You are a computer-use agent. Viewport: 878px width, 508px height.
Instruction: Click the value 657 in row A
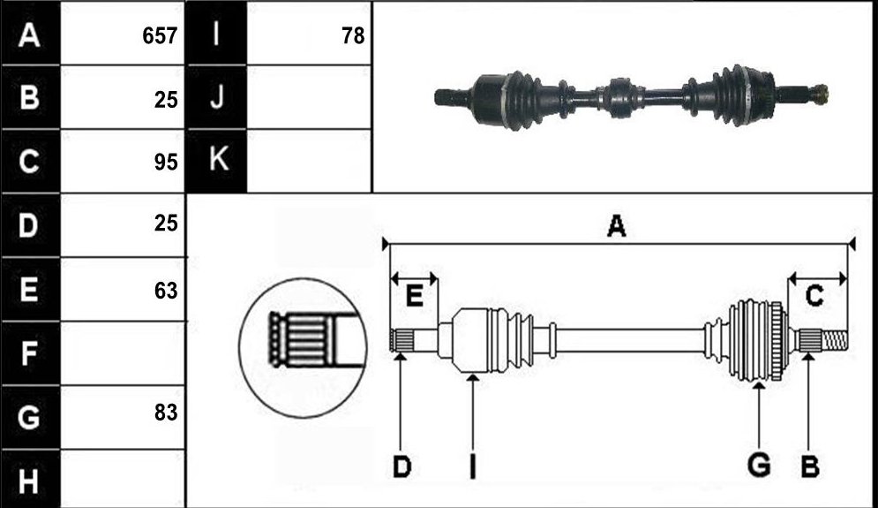[x=160, y=36]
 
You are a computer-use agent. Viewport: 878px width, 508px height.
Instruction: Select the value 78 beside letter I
[x=353, y=36]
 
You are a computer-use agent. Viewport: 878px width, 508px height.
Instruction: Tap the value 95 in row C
[x=166, y=162]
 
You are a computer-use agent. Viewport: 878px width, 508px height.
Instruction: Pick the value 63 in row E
[x=166, y=291]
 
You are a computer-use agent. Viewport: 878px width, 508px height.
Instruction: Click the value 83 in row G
[x=166, y=413]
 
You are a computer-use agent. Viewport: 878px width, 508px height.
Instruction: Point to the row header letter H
[x=28, y=481]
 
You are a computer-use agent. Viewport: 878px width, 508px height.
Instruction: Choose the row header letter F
[x=28, y=353]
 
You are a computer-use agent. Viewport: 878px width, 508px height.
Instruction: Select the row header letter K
[x=218, y=159]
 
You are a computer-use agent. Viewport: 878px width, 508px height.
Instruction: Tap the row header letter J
[x=217, y=96]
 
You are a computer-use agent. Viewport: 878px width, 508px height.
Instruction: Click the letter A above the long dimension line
[x=616, y=226]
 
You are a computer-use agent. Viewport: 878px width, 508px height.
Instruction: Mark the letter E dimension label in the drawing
[x=414, y=295]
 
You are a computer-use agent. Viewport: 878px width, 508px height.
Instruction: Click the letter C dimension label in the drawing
[x=814, y=296]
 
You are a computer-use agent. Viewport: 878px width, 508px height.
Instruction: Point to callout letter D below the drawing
[x=401, y=467]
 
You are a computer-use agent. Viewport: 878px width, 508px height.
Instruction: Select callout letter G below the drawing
[x=759, y=466]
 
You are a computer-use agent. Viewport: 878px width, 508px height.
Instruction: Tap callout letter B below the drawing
[x=810, y=466]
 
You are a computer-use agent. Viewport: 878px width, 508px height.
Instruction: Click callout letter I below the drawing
[x=473, y=466]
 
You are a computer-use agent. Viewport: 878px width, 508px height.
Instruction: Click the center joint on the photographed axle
[x=620, y=97]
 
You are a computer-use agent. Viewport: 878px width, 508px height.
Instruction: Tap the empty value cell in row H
[x=123, y=480]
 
